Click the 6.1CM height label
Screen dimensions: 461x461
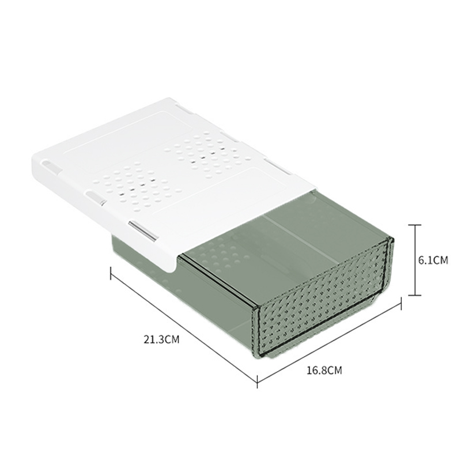click(433, 260)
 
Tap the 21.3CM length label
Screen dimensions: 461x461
click(161, 339)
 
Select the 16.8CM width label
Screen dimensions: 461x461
click(324, 370)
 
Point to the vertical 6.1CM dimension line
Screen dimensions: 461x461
click(415, 260)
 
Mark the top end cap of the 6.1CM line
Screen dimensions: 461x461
click(415, 225)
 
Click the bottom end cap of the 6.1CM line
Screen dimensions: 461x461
click(415, 295)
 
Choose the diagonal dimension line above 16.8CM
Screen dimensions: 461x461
click(329, 342)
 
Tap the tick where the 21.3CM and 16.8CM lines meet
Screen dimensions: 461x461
click(257, 381)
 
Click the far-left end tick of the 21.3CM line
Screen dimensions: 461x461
click(111, 273)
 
